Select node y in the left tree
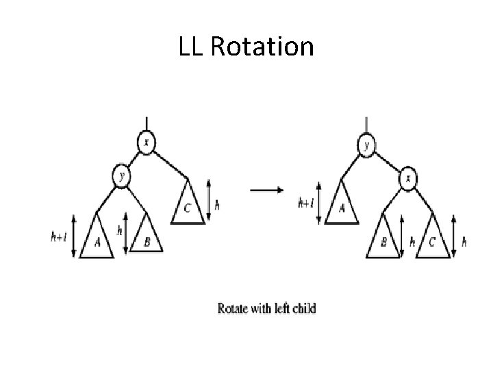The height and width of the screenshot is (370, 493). coord(121,177)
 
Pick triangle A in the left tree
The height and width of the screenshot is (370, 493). coord(97,240)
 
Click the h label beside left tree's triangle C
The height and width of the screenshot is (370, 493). coord(217,203)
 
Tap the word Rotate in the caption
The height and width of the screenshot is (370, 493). coord(233,308)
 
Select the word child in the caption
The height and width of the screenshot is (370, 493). coord(303,308)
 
